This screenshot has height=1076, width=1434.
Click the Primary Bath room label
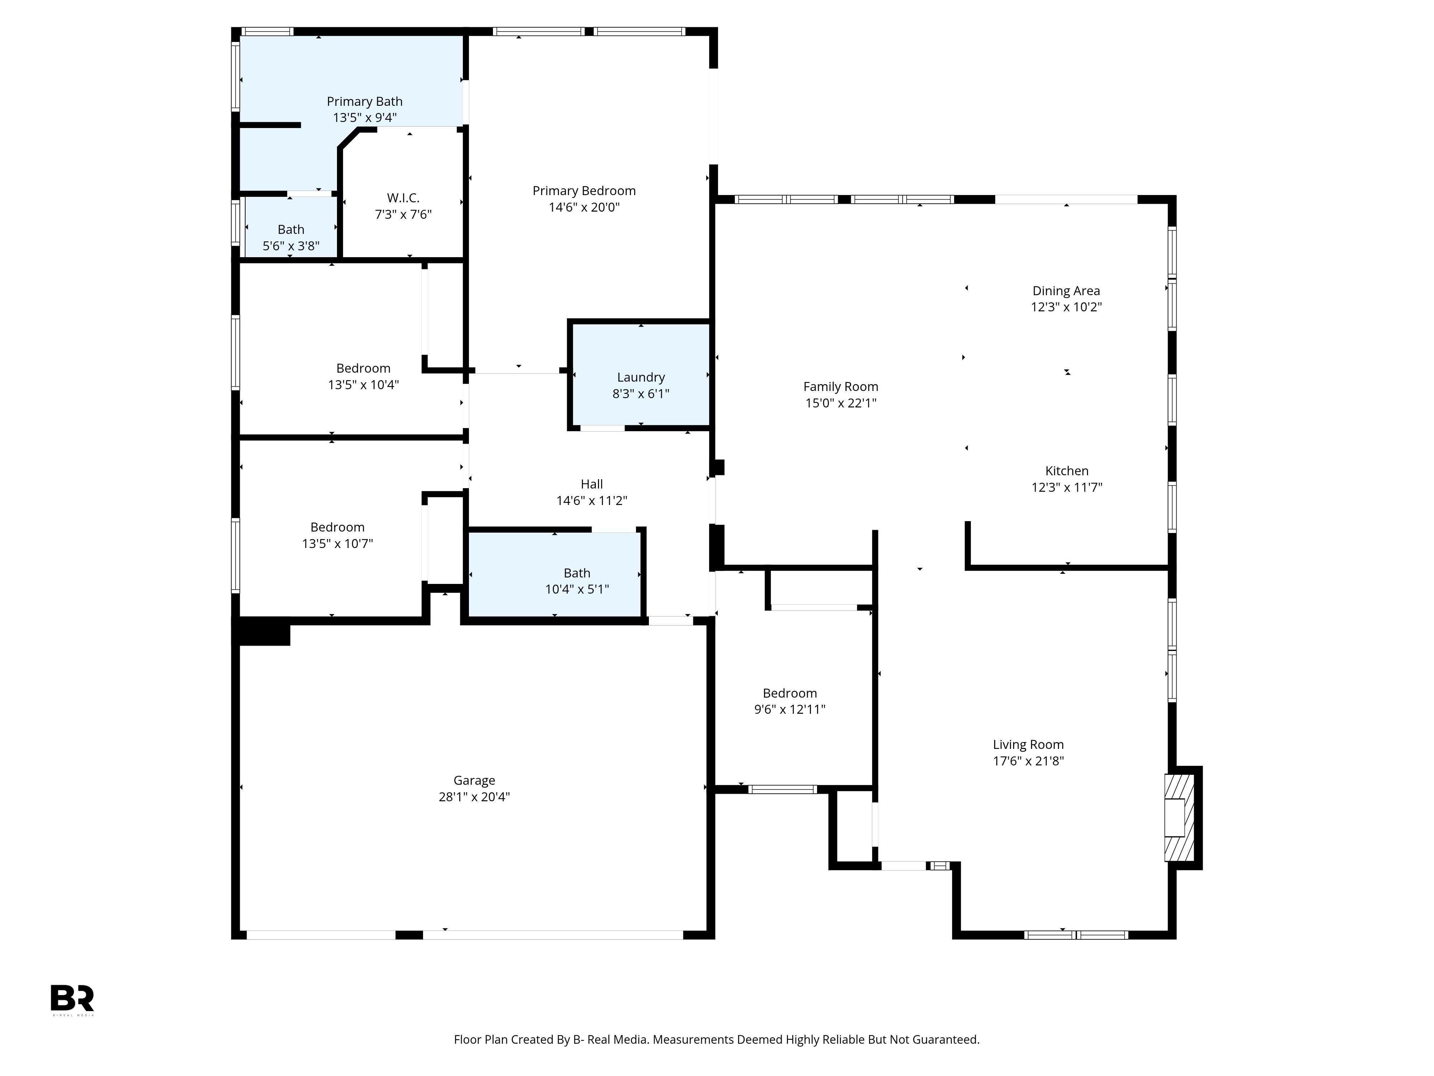364,101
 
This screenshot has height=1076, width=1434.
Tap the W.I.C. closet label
403,198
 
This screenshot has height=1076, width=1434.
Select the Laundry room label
641,377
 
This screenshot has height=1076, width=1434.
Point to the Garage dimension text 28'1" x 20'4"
474,797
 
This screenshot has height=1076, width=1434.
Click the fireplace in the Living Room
1180,817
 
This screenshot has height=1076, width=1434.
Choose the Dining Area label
1066,291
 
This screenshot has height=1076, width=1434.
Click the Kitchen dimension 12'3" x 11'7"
1067,487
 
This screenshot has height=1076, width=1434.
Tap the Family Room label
840,387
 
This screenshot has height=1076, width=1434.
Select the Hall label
591,484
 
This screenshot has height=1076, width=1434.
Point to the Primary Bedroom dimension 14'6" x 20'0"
584,207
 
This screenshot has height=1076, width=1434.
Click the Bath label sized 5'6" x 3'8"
290,230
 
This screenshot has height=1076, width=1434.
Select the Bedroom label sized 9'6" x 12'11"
790,693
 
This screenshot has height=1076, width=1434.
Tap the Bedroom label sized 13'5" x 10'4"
363,368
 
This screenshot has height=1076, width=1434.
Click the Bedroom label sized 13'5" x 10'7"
337,527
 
